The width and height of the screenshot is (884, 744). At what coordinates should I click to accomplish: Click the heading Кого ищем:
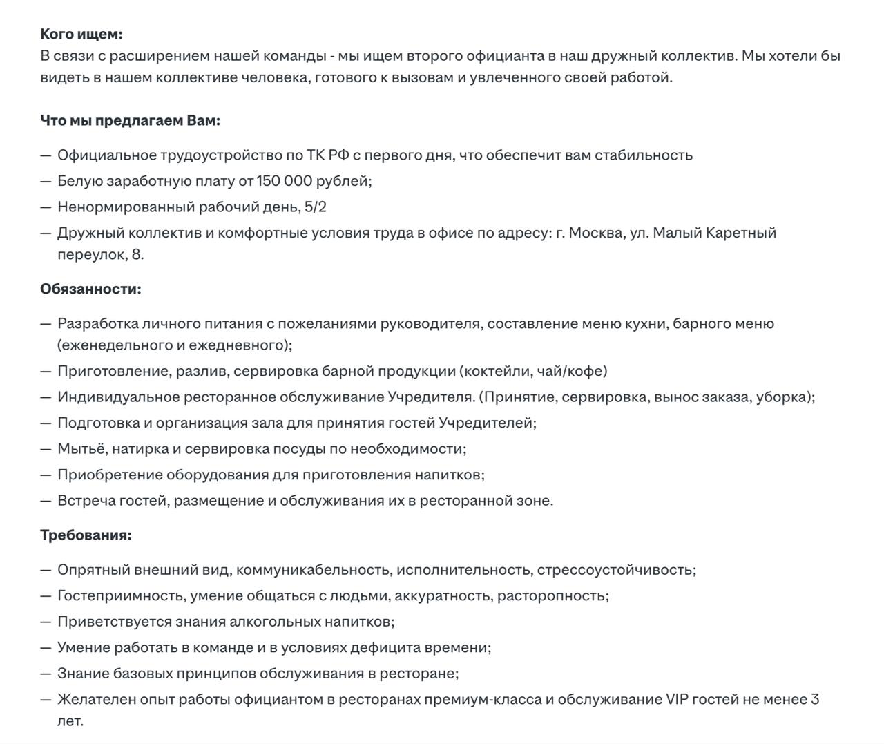(81, 34)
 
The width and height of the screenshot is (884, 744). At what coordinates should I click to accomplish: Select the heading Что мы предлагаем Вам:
(130, 120)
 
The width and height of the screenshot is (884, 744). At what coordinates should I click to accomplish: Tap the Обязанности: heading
(90, 289)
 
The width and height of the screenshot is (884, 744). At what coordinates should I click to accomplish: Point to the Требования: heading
(86, 535)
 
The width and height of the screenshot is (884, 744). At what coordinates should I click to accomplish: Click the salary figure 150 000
(284, 181)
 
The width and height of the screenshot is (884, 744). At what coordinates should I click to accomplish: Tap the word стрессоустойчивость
(615, 570)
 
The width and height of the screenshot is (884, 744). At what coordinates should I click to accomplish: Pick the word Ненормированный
(126, 207)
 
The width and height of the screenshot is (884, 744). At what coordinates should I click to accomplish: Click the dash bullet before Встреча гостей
(46, 501)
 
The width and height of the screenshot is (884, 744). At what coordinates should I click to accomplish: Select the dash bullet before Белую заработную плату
(46, 181)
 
